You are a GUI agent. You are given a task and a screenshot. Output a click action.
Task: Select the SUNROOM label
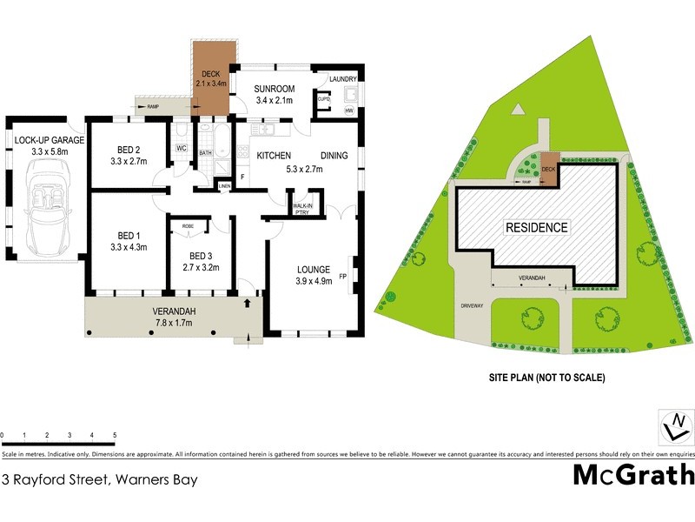click(x=275, y=89)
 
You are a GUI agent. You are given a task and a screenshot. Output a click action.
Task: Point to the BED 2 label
click(x=126, y=149)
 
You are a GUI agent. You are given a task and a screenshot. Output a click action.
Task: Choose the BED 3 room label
click(x=201, y=256)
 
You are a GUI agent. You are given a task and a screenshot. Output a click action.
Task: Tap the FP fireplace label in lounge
click(x=343, y=277)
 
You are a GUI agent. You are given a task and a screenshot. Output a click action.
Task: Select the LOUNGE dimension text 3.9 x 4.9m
click(x=314, y=281)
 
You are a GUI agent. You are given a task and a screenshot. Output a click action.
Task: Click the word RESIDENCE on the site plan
click(x=537, y=228)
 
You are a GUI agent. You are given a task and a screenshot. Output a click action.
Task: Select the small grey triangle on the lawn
click(x=518, y=109)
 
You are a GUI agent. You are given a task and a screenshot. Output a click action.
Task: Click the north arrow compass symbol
click(x=673, y=427)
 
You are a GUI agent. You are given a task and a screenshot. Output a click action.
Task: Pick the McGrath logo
click(x=633, y=475)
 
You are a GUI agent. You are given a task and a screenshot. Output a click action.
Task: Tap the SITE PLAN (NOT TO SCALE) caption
click(x=547, y=378)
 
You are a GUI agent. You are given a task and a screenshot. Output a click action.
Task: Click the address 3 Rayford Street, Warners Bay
click(x=100, y=479)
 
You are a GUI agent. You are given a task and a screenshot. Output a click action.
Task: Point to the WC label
click(x=182, y=149)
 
